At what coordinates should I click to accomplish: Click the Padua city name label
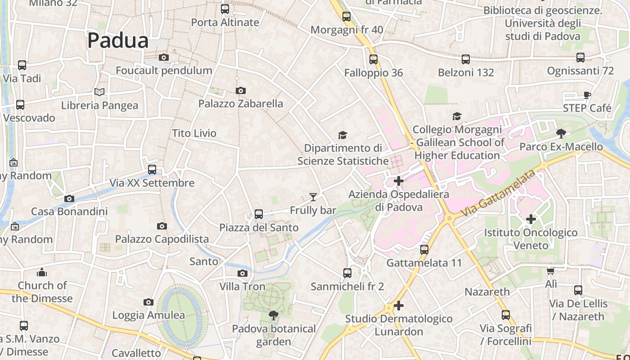point(117,40)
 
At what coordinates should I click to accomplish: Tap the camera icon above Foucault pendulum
point(164,57)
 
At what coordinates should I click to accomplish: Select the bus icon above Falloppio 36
point(373,59)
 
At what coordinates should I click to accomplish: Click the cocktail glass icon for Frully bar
point(313,197)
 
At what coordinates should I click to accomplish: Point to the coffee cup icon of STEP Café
point(587,94)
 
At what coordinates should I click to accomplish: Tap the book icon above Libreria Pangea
point(99,92)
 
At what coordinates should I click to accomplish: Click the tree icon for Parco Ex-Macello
point(561,133)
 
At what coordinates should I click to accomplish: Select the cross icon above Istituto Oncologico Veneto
point(531,219)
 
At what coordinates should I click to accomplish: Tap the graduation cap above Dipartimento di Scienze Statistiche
point(343,135)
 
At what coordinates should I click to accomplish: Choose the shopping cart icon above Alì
point(551,271)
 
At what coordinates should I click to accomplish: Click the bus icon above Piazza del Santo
point(259,214)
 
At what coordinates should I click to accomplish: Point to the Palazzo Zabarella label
point(241,103)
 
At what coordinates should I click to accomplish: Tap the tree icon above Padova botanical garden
point(273,315)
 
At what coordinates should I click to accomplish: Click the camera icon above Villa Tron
point(243,273)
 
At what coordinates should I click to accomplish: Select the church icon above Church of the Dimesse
point(42,272)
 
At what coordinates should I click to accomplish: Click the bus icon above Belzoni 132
point(466,59)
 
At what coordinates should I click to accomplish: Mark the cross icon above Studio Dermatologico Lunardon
point(399,306)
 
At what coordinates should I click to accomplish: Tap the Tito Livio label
point(194,133)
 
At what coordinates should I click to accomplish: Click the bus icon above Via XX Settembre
point(152,170)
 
